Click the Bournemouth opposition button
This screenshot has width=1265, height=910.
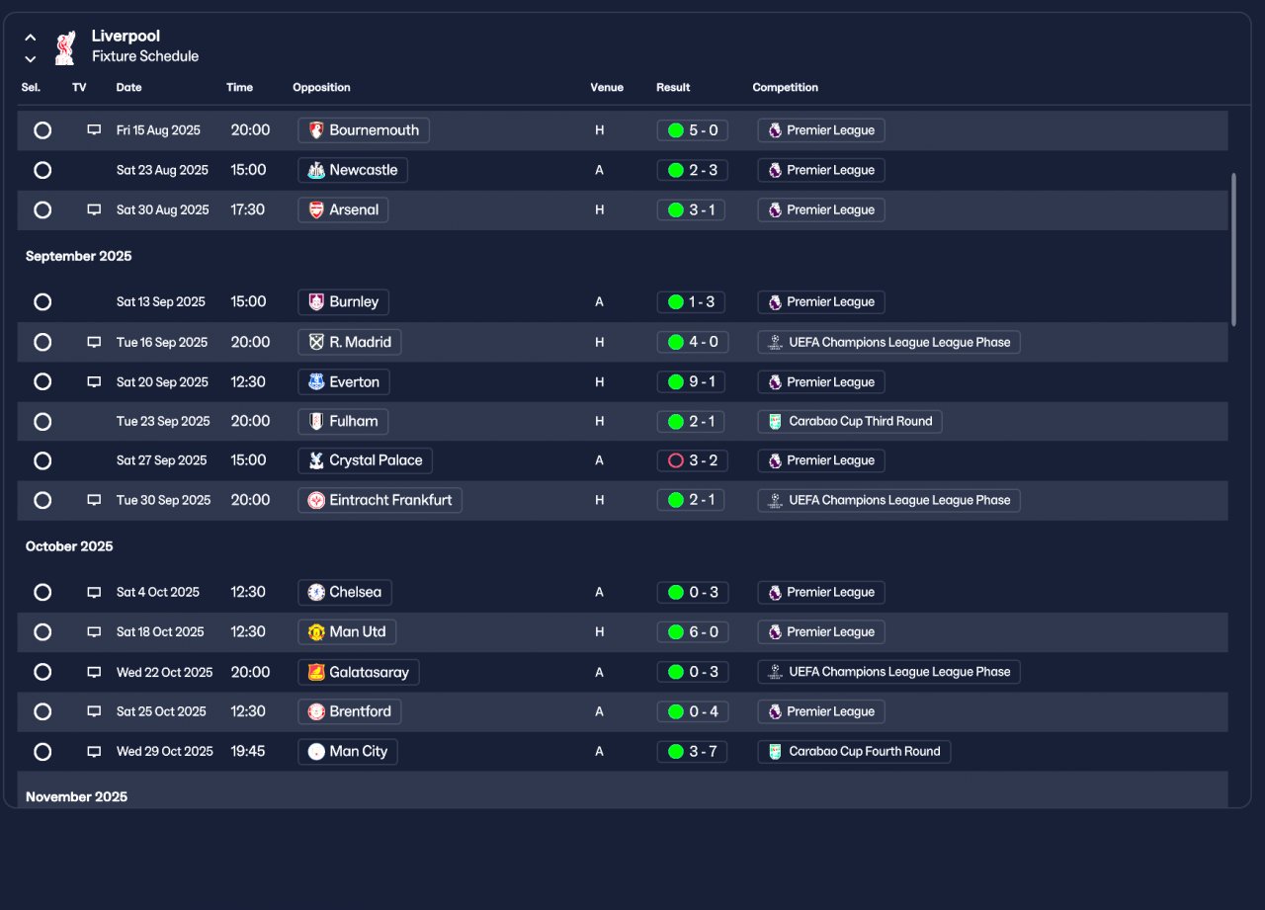coord(364,130)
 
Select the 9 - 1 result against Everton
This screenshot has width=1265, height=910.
coord(692,382)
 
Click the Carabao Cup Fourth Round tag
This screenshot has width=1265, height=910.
coord(854,752)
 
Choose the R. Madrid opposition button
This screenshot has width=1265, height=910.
coord(350,343)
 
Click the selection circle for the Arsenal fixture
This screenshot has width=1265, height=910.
coord(42,210)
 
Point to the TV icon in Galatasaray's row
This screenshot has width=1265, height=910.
coord(94,672)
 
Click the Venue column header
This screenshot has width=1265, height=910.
coord(607,88)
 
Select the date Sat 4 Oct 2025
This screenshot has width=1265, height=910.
coord(158,593)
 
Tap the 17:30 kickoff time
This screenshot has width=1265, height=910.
coord(248,210)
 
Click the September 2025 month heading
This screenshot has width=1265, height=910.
coord(78,257)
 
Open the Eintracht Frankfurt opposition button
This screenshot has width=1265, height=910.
coord(379,501)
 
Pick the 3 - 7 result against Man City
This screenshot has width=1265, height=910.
coord(692,752)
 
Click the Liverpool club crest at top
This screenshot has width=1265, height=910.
coord(65,47)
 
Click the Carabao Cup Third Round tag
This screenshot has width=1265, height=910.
coord(850,422)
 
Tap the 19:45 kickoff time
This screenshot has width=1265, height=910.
coord(248,752)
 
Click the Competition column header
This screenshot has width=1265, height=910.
coord(785,88)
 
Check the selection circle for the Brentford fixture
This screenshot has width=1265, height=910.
coord(42,712)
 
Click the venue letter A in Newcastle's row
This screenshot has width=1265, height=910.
coord(599,171)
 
